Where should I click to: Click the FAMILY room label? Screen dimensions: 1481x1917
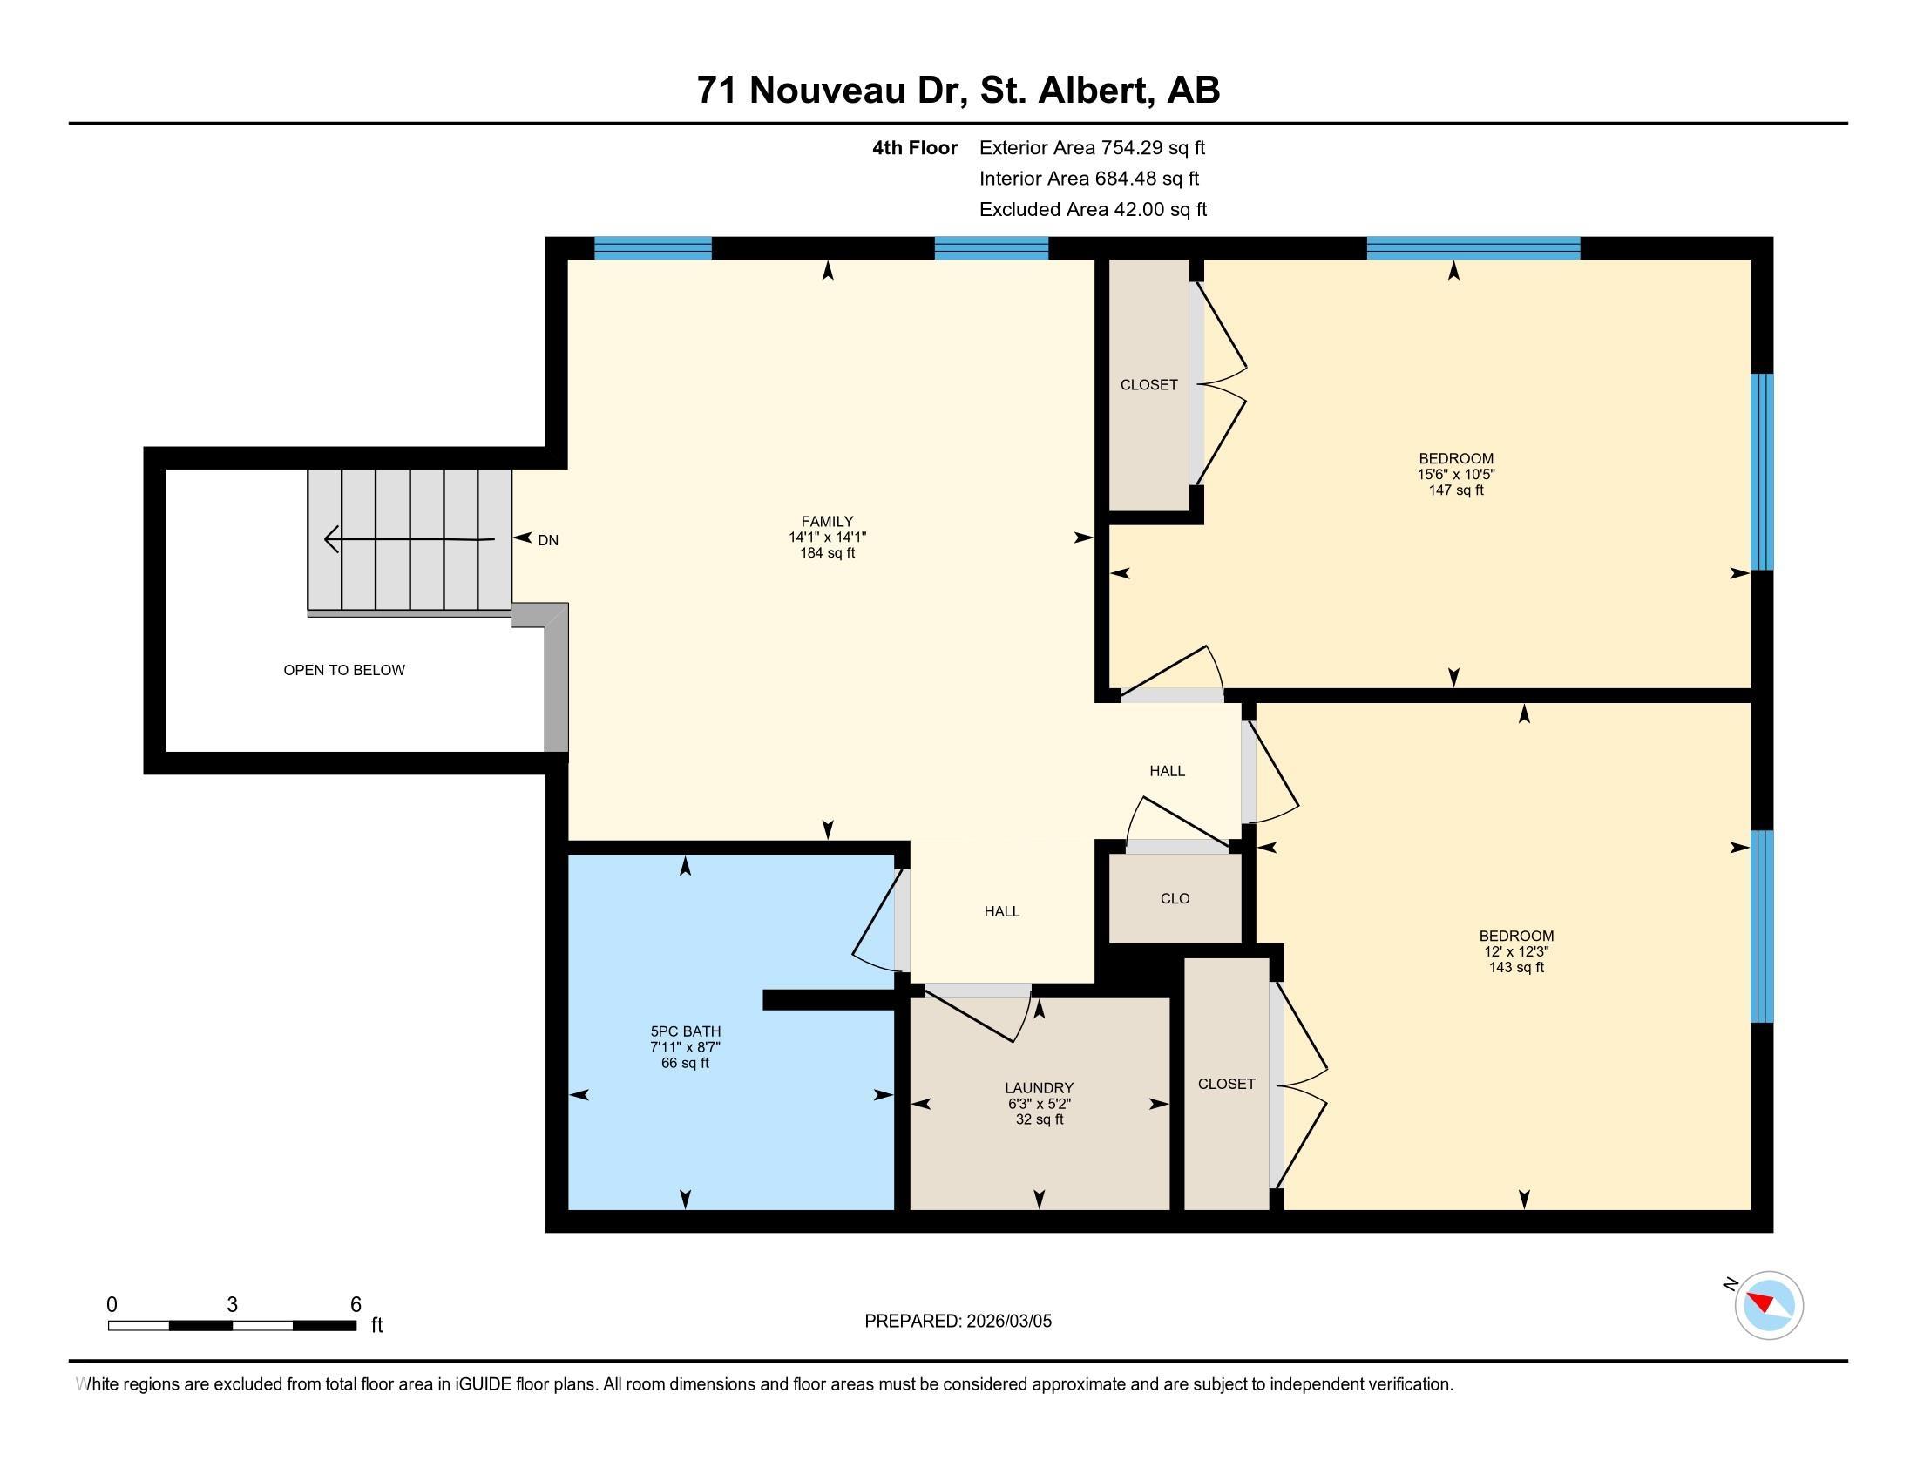827,521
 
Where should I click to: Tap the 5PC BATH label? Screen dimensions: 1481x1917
685,1031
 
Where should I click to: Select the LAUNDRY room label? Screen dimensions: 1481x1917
1040,1088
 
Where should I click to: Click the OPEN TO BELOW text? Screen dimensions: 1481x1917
344,670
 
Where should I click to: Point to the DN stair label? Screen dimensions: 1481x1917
548,540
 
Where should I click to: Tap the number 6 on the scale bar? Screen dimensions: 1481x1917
356,1304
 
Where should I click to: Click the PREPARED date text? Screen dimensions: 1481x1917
958,1322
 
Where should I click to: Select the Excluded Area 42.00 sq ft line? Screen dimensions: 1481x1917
1093,210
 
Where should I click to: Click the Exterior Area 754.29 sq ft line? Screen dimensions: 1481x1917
1092,148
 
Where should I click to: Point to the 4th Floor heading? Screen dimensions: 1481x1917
915,148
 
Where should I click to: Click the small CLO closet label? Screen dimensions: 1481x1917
1175,898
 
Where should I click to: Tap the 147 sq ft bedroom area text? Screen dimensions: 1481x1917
1455,490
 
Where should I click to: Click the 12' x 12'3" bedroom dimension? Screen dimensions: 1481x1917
1516,952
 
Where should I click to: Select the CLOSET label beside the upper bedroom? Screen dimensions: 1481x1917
1148,384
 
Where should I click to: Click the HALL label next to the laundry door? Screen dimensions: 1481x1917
1001,911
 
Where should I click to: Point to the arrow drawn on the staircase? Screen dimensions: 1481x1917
409,538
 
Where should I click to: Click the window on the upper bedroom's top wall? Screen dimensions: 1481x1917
1473,248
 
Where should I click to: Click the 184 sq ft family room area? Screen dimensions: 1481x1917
827,553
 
